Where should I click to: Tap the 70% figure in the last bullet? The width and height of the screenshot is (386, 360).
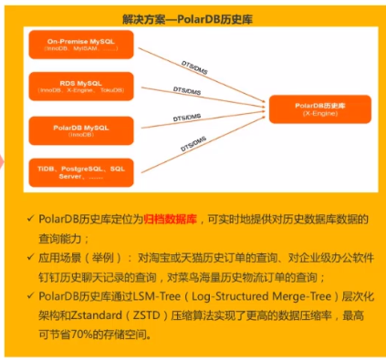[87, 335]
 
